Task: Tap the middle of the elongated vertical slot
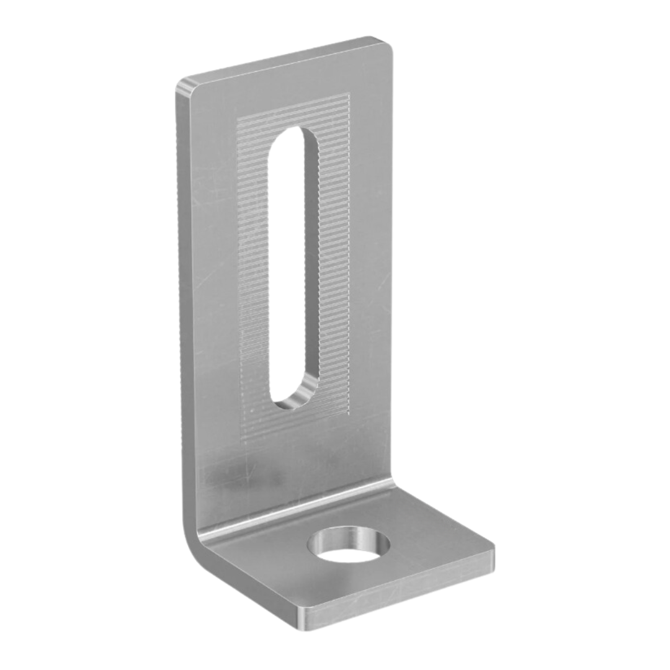[294, 267]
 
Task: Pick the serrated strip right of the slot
[335, 261]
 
